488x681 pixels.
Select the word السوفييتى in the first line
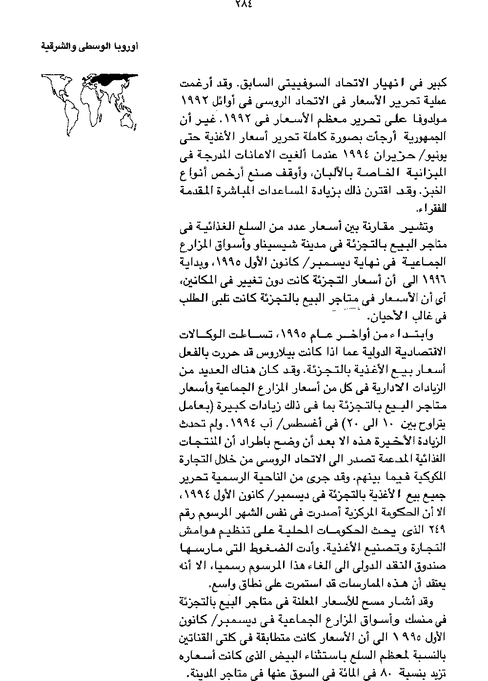click(306, 83)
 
